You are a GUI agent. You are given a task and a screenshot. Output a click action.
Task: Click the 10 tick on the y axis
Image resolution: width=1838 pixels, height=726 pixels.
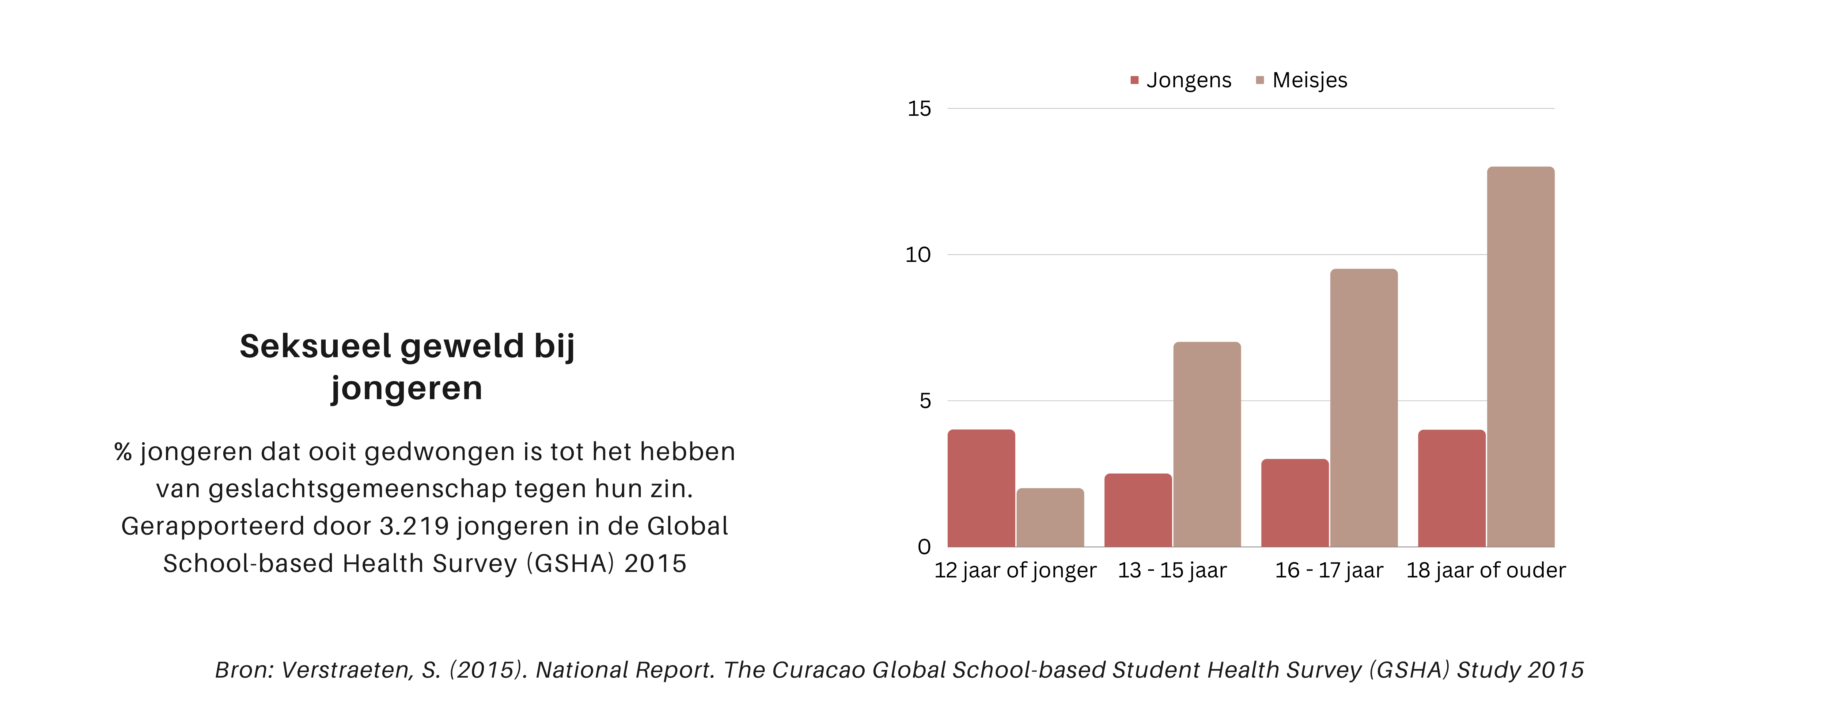pyautogui.click(x=918, y=255)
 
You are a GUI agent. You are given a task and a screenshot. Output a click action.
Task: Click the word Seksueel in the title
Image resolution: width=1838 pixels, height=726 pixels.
pyautogui.click(x=315, y=346)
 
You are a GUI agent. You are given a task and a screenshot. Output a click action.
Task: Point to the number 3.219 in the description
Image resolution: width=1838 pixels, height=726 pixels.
pyautogui.click(x=414, y=526)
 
